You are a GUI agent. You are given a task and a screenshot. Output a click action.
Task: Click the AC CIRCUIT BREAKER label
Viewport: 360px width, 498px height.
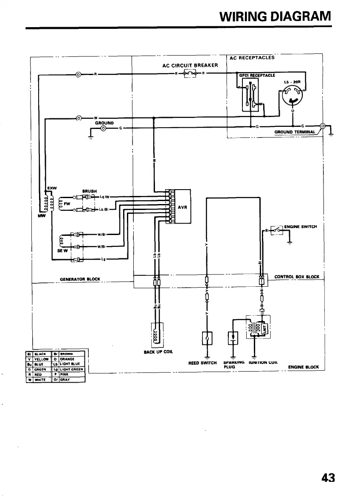click(190, 65)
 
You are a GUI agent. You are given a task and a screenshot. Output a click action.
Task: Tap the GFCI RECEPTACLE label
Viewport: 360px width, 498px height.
click(257, 76)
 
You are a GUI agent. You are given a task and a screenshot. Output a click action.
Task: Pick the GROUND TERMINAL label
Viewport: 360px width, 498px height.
click(295, 132)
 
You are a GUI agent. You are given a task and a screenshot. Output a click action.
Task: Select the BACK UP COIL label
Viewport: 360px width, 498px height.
click(158, 351)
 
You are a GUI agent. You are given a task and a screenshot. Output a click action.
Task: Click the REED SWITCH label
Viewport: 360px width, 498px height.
click(202, 363)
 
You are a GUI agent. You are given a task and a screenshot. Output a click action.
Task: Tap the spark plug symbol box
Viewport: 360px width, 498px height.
click(233, 338)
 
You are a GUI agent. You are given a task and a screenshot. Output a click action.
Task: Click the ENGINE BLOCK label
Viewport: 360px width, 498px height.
click(304, 367)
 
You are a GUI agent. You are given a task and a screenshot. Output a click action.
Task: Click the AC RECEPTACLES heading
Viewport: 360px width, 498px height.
click(252, 58)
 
